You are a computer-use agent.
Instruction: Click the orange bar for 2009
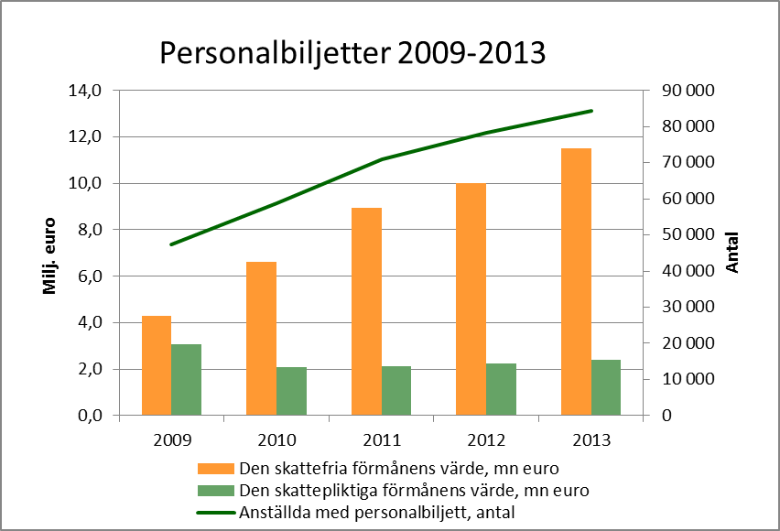click(x=157, y=365)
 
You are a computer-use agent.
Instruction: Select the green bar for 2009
click(x=186, y=380)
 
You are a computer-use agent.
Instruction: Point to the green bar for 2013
click(x=606, y=387)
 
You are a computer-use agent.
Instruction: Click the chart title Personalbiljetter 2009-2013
click(x=352, y=53)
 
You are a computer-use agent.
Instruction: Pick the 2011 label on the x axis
click(x=382, y=438)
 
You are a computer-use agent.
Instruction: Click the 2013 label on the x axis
click(x=591, y=438)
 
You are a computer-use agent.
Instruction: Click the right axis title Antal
click(x=732, y=253)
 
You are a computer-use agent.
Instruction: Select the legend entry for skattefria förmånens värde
click(x=409, y=469)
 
